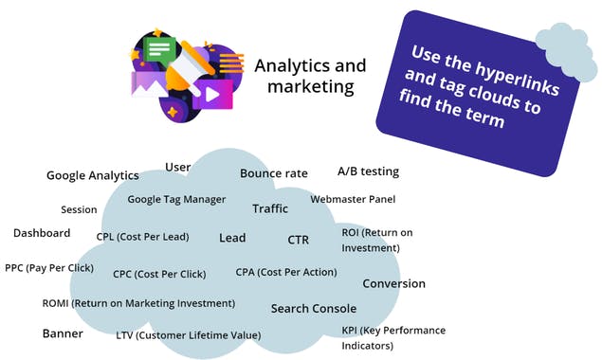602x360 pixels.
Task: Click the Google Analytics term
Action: (93, 175)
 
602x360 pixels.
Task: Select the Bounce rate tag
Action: (273, 173)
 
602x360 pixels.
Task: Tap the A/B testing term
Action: (368, 171)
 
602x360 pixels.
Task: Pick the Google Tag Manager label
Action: (176, 200)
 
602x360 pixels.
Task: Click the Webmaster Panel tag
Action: (353, 199)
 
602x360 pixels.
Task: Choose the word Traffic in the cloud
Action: (270, 208)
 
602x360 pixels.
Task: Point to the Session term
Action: (79, 210)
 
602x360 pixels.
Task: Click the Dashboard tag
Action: (42, 233)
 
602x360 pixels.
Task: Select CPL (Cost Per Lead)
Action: (142, 237)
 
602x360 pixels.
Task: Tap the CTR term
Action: (299, 240)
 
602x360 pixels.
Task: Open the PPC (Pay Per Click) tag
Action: (48, 268)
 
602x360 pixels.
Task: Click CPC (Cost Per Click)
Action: (159, 275)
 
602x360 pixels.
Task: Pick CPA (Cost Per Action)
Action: (285, 272)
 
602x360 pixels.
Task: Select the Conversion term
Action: (393, 283)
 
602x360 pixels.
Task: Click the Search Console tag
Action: (314, 308)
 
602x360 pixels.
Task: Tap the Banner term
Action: (64, 333)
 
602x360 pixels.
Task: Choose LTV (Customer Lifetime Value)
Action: (188, 335)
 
